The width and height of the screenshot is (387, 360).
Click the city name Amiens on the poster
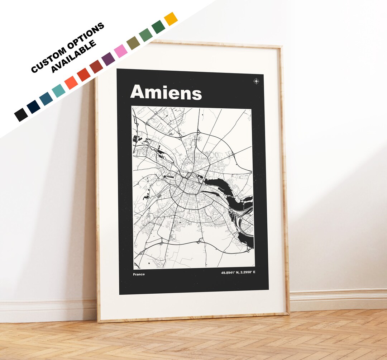point(166,93)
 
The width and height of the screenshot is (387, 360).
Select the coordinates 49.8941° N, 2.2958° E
point(238,273)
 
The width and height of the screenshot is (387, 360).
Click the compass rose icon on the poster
point(256,81)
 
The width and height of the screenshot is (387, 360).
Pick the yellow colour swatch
point(171,19)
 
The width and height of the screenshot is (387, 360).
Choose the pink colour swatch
point(120,51)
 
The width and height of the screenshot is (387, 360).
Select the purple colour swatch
point(108,59)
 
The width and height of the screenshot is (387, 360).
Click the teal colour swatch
point(58,90)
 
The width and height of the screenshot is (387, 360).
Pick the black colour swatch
point(21,114)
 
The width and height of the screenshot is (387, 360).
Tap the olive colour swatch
point(133,43)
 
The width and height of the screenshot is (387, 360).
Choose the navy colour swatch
point(33,106)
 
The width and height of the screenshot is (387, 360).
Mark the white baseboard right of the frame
point(337,299)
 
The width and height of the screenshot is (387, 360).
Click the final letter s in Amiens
point(196,94)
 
